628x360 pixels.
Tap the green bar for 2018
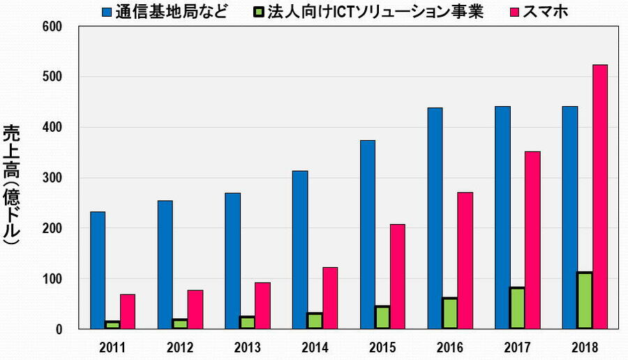[584, 301]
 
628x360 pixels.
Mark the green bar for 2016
[449, 313]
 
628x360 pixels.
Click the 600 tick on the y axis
[53, 27]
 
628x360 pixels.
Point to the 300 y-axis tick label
[53, 178]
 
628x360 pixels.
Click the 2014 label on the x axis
[314, 346]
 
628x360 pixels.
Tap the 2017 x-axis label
[516, 346]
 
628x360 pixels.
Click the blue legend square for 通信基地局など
[107, 13]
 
